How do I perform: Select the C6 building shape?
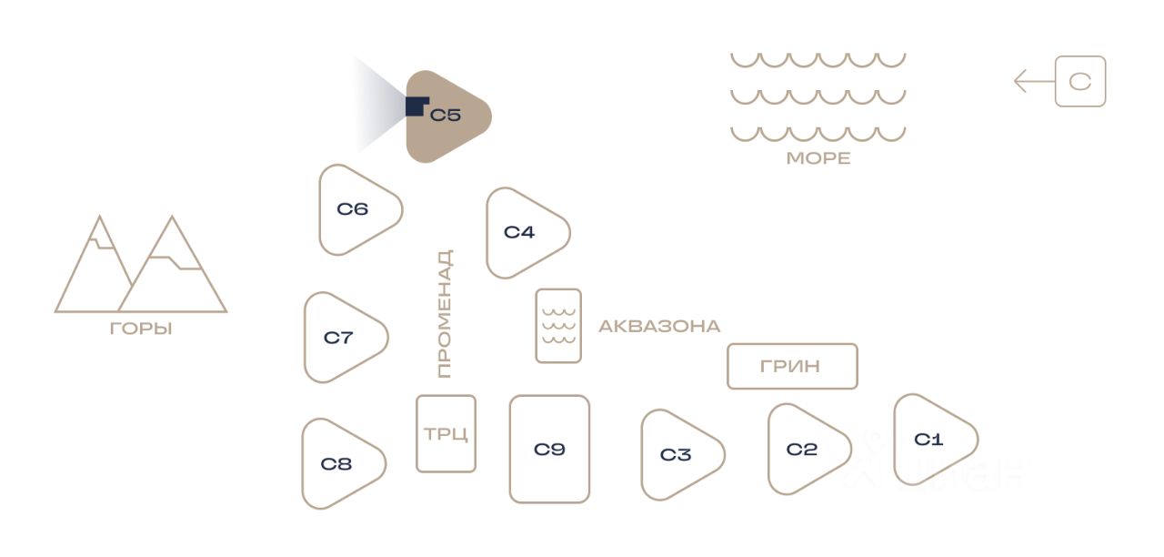pyautogui.click(x=356, y=210)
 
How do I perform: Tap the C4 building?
pyautogui.click(x=524, y=233)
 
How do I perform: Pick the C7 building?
pyautogui.click(x=342, y=338)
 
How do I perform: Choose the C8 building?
pyautogui.click(x=340, y=464)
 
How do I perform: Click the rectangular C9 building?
pyautogui.click(x=549, y=449)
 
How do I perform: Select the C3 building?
pyautogui.click(x=678, y=455)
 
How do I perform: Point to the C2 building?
pyautogui.click(x=805, y=450)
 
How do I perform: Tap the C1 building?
pyautogui.click(x=931, y=440)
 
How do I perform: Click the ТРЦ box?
pyautogui.click(x=446, y=433)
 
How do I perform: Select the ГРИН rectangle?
pyautogui.click(x=792, y=366)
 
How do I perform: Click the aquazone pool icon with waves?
pyautogui.click(x=558, y=326)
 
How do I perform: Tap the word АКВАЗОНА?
pyautogui.click(x=659, y=326)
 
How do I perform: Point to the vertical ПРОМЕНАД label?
pyautogui.click(x=444, y=314)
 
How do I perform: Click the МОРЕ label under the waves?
pyautogui.click(x=818, y=158)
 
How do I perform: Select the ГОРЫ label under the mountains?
pyautogui.click(x=141, y=329)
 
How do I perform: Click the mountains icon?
pyautogui.click(x=141, y=266)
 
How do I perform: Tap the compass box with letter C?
pyautogui.click(x=1080, y=82)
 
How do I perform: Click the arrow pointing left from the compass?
pyautogui.click(x=1033, y=82)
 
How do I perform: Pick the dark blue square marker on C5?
pyautogui.click(x=416, y=106)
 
